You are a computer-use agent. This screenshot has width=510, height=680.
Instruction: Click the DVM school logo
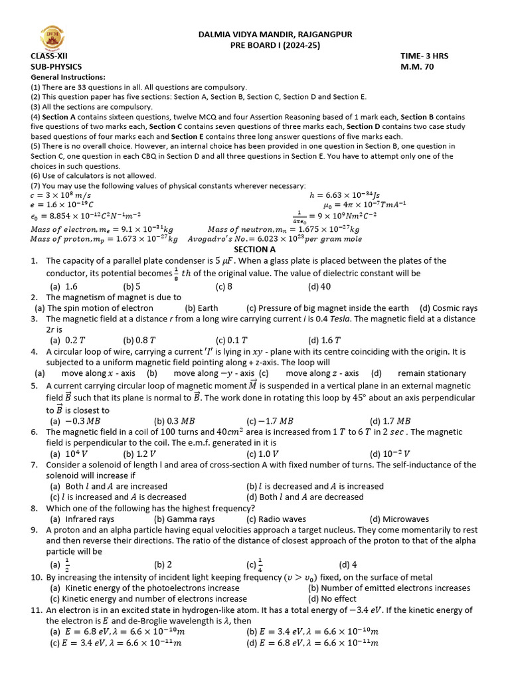[50, 40]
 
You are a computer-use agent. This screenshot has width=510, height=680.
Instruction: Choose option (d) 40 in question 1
[319, 287]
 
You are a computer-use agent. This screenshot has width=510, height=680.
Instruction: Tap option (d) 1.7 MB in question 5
[390, 420]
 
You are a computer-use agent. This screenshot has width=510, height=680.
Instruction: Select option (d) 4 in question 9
[348, 565]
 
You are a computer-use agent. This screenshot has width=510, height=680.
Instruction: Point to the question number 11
[37, 610]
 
